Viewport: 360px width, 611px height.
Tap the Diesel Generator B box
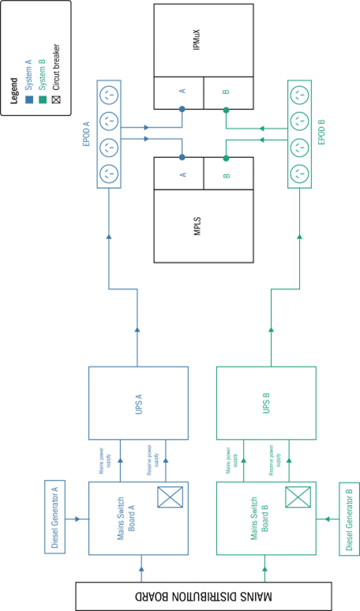click(x=349, y=519)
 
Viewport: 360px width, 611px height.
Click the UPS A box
click(x=139, y=403)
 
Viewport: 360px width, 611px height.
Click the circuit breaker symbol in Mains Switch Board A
click(x=171, y=497)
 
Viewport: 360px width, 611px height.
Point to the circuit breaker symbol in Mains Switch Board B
click(x=297, y=497)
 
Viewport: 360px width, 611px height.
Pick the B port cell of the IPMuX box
click(x=226, y=92)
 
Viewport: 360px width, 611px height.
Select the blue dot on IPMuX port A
click(x=182, y=111)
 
